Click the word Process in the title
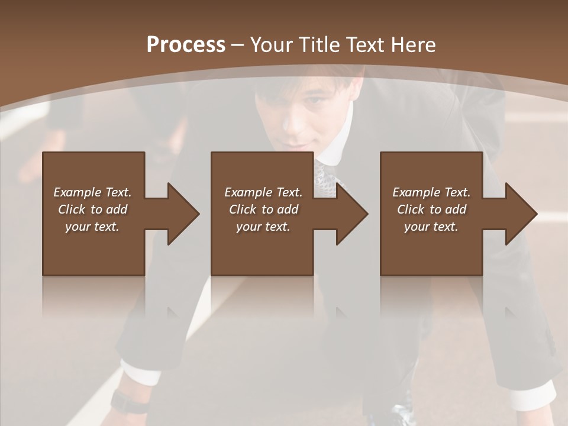click(x=186, y=44)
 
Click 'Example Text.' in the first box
click(x=92, y=192)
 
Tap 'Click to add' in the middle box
click(x=263, y=209)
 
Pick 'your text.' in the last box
click(x=431, y=227)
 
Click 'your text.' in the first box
click(x=92, y=227)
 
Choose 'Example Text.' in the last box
click(x=431, y=192)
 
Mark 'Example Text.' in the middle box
click(x=263, y=192)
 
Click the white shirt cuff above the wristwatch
click(x=140, y=373)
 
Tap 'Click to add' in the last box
click(x=431, y=209)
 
